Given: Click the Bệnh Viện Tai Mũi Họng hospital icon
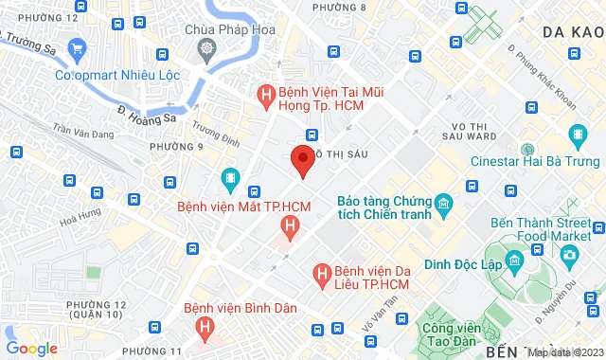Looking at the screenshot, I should point(267,95).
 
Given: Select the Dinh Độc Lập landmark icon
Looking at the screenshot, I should point(513,260).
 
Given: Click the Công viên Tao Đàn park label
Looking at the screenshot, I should point(448,336).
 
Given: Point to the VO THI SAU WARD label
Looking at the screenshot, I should point(470,133).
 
